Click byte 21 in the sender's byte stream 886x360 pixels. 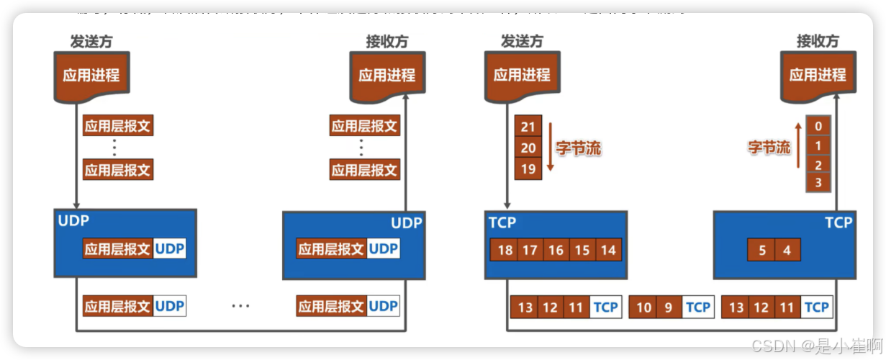click(529, 127)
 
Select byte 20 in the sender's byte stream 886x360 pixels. click(529, 148)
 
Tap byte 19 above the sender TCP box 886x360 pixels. click(529, 168)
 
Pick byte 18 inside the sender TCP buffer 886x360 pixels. click(505, 251)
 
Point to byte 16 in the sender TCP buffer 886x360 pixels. click(556, 251)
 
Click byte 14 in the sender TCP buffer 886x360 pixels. click(608, 251)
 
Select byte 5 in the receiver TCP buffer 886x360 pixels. click(762, 251)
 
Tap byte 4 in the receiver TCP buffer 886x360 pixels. click(787, 251)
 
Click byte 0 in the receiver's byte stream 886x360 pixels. click(818, 127)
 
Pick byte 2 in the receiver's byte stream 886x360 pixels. click(818, 164)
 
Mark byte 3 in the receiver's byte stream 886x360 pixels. click(818, 182)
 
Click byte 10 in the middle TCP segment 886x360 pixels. click(644, 307)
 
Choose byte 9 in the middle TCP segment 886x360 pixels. click(669, 307)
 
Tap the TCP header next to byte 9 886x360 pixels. click(697, 307)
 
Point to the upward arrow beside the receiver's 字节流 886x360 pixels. click(798, 147)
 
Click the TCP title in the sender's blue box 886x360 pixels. click(502, 222)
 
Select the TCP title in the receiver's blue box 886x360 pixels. click(838, 223)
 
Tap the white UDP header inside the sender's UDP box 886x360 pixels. click(170, 249)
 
